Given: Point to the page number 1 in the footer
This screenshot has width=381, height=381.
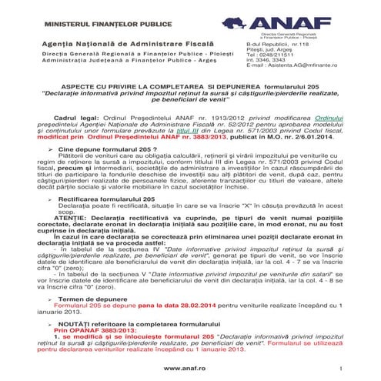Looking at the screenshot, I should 339,370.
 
